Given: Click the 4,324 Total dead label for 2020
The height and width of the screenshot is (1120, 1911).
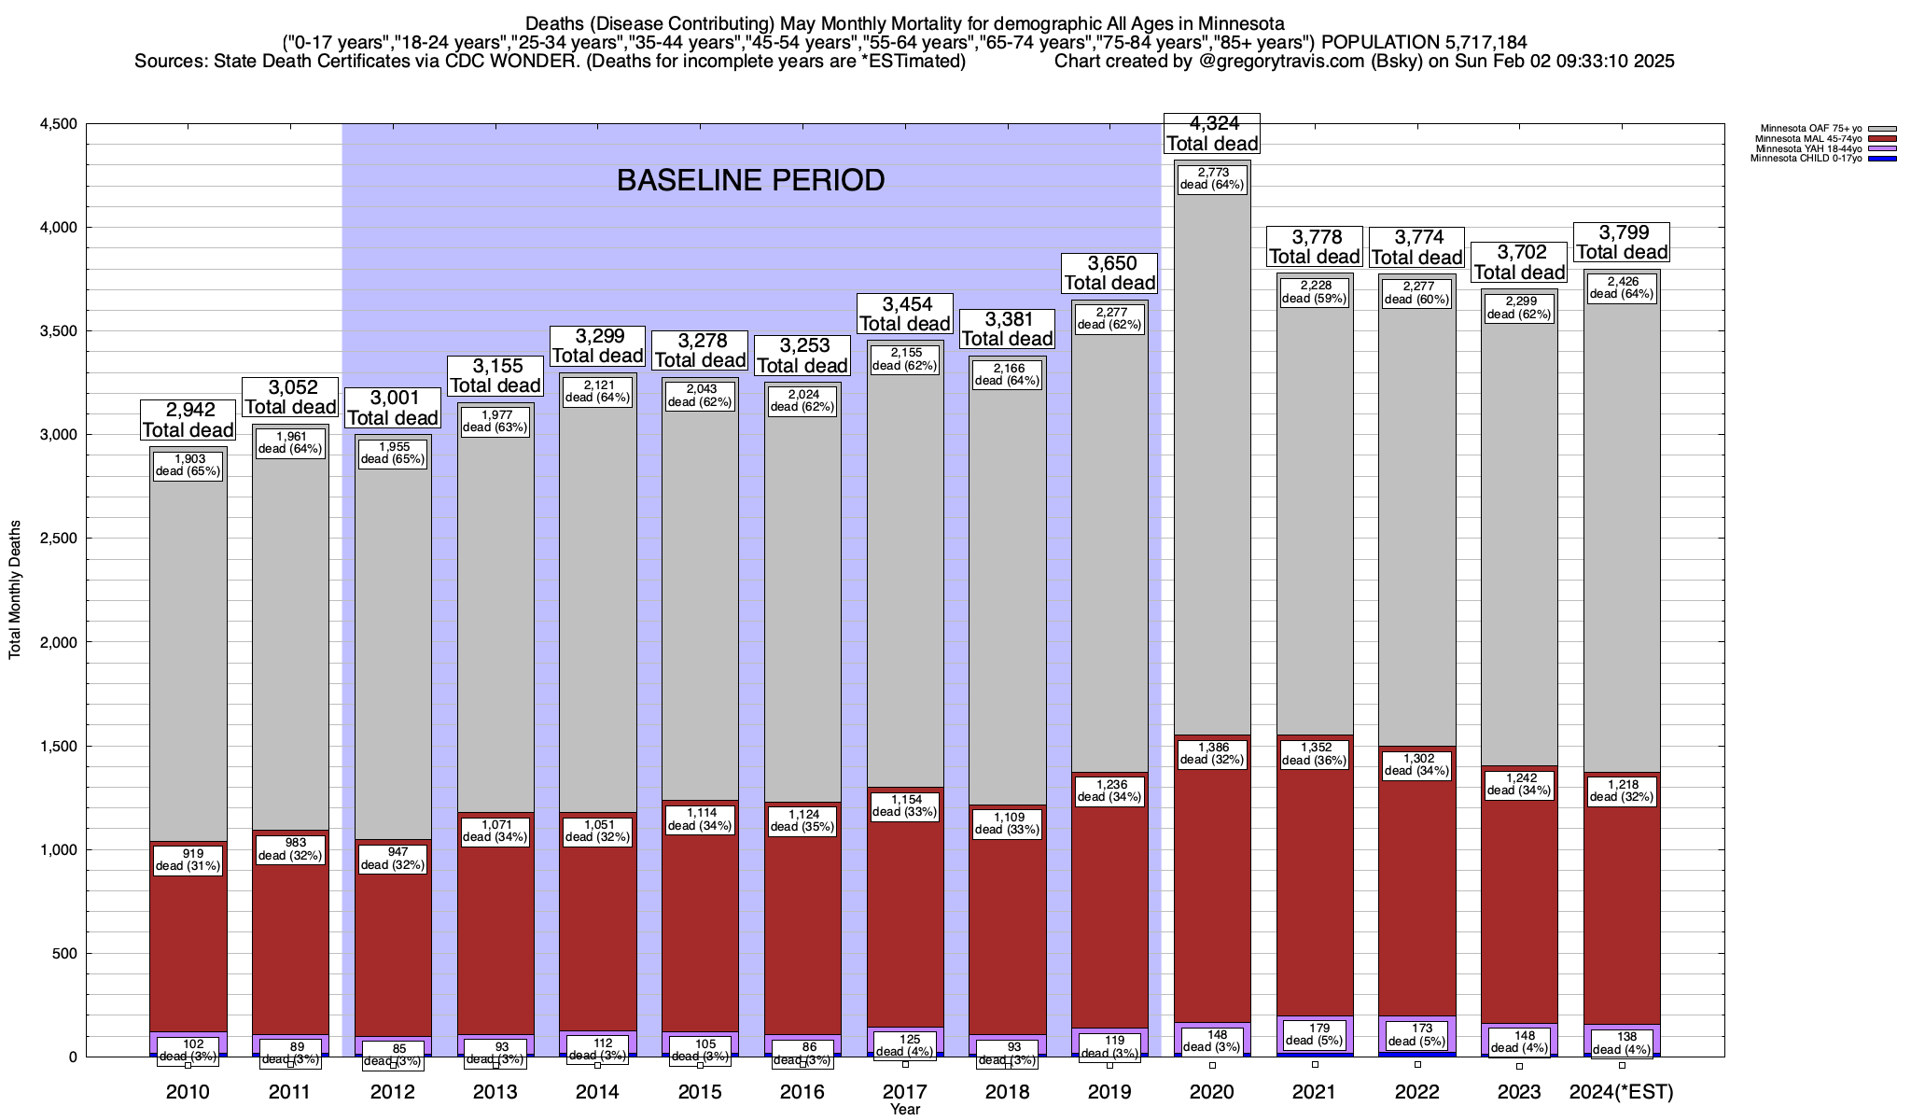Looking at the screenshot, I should (1212, 133).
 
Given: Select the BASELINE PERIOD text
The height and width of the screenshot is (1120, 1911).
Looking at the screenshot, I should (750, 180).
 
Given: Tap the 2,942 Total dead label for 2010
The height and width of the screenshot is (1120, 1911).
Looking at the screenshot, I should (188, 420).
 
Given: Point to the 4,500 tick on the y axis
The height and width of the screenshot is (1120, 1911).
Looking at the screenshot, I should (58, 124).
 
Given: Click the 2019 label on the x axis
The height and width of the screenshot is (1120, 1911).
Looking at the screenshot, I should (1109, 1092).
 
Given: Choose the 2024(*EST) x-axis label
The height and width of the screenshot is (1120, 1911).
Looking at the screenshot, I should (1622, 1092).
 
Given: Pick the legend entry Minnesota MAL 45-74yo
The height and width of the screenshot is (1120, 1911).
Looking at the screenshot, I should (1810, 138).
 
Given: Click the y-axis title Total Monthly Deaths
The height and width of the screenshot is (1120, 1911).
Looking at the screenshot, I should (15, 589).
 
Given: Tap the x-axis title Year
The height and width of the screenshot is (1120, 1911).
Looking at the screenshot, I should (904, 1110).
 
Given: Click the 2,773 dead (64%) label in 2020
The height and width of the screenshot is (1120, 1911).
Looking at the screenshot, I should (1212, 178).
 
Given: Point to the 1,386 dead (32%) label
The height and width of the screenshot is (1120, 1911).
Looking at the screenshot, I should (1212, 753).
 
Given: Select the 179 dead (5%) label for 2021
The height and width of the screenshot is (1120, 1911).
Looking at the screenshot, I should (1314, 1034).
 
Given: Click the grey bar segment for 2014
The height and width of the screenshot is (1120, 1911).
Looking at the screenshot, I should (598, 607).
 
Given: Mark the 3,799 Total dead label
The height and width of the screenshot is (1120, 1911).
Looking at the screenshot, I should (1622, 242).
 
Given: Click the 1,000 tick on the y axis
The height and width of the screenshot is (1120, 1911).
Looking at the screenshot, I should (58, 849).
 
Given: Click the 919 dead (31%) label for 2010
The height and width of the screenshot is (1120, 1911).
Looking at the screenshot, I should (188, 860).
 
